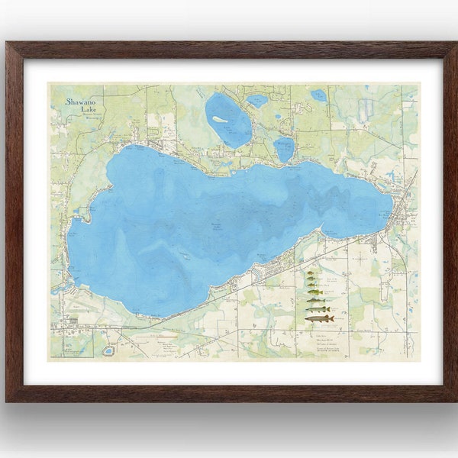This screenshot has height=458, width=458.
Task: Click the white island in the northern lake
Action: tap(220, 119)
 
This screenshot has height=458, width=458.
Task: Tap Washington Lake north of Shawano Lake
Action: tap(284, 149)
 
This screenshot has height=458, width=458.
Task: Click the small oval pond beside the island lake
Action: tap(257, 100)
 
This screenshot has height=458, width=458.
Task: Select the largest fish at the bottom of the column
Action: tap(319, 318)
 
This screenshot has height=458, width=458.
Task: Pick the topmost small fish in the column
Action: tap(312, 272)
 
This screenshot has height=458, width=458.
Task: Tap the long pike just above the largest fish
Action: tap(318, 308)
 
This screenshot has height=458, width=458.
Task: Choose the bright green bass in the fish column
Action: tap(314, 291)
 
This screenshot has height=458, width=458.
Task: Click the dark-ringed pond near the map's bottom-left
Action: tap(108, 350)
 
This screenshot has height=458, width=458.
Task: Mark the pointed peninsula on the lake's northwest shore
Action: tap(86, 209)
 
